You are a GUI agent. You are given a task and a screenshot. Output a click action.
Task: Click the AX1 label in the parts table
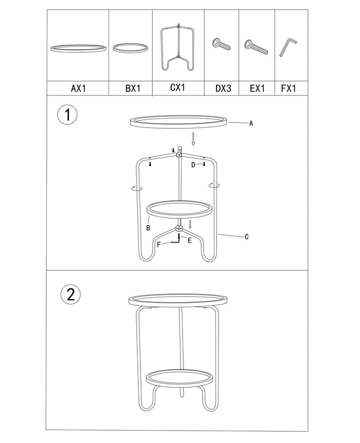pos(78,88)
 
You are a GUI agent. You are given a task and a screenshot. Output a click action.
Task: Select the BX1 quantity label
pos(133,88)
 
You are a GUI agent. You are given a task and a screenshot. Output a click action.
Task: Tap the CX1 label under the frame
pos(177,87)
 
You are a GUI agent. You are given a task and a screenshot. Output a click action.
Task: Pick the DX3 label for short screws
pos(223,88)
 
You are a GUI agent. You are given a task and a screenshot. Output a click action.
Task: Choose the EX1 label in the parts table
pos(257,88)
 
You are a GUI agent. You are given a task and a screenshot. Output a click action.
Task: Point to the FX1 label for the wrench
pos(289,88)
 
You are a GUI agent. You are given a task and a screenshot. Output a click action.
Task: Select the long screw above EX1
pos(256,47)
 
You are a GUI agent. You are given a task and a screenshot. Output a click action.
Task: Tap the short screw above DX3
pos(221,45)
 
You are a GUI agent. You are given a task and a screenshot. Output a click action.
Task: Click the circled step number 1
pos(67,115)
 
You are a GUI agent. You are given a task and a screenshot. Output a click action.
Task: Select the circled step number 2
pos(70,294)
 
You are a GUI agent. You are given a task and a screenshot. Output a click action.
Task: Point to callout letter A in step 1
pos(251,123)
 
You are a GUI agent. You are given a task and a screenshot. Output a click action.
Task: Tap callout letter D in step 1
pos(193,165)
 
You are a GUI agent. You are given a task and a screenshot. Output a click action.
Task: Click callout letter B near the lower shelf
pos(148,228)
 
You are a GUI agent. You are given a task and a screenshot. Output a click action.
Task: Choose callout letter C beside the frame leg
pos(246,237)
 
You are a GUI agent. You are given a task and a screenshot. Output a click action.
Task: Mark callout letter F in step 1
pos(158,245)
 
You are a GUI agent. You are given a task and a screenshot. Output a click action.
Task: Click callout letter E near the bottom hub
pos(189,240)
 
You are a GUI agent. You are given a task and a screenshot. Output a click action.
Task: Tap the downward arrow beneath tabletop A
pos(193,139)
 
